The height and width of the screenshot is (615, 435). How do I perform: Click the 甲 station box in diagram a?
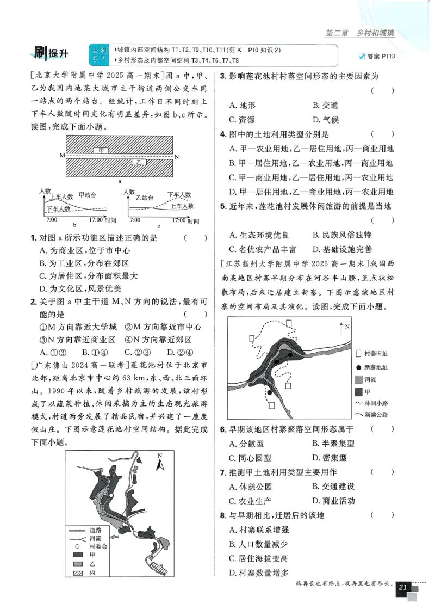[x=101, y=150]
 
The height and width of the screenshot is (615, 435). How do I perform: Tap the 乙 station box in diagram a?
[x=139, y=162]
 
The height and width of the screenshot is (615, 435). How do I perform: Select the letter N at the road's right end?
[x=176, y=156]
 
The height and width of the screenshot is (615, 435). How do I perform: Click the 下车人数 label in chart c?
[x=179, y=194]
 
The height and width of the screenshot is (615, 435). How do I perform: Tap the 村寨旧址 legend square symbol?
[x=357, y=353]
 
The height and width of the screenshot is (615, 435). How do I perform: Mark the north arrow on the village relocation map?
[x=341, y=329]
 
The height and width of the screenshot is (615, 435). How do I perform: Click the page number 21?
[x=403, y=587]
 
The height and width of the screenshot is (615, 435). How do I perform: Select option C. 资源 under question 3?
[x=242, y=120]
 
